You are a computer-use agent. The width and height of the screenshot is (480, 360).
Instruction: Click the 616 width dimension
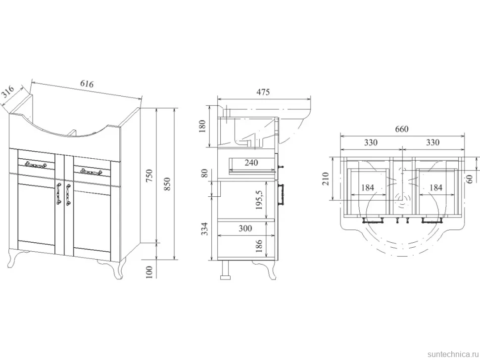(x=87, y=84)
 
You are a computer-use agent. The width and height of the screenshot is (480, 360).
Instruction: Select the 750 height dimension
(x=149, y=176)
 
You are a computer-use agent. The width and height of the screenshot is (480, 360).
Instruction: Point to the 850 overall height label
(x=167, y=184)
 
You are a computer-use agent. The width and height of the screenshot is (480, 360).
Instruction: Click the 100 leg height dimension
(x=149, y=272)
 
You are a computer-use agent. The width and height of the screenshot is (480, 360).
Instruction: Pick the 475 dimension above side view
(x=263, y=92)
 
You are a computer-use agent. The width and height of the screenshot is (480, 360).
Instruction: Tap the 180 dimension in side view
(x=202, y=126)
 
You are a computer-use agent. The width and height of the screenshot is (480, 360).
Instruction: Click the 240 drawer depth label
(x=251, y=162)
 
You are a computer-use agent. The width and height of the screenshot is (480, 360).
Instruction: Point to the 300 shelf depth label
(x=245, y=228)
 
